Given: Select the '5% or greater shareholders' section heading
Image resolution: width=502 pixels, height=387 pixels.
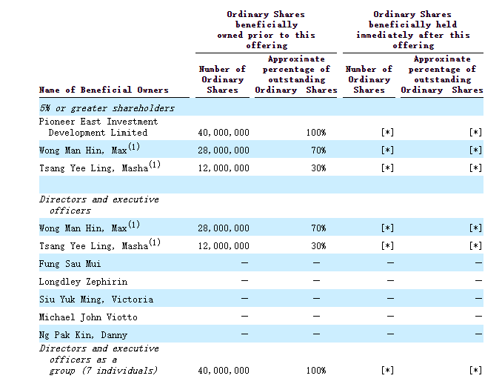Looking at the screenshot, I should pyautogui.click(x=107, y=108).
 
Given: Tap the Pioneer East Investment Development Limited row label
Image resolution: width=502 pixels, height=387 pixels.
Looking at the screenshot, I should pyautogui.click(x=98, y=127).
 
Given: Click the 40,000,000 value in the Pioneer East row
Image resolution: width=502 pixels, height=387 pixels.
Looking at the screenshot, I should pyautogui.click(x=224, y=133).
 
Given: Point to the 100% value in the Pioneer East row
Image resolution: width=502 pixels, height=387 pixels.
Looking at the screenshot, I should pyautogui.click(x=316, y=133).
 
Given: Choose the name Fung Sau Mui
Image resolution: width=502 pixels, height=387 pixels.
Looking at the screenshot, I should pyautogui.click(x=70, y=264).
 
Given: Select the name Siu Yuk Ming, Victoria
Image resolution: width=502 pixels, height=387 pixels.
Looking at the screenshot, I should pyautogui.click(x=96, y=300).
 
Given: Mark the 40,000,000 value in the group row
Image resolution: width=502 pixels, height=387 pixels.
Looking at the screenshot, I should pyautogui.click(x=224, y=371).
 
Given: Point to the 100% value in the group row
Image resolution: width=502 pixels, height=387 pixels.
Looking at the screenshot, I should pyautogui.click(x=316, y=371).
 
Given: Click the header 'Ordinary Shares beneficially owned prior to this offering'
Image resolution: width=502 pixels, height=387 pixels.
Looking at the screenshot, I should pyautogui.click(x=266, y=30).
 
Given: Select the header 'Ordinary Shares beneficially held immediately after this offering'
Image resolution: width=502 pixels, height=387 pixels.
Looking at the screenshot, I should pyautogui.click(x=412, y=30).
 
